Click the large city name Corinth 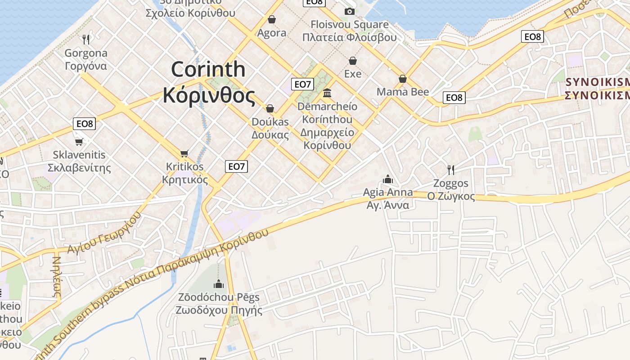[x=208, y=70]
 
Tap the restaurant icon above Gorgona [x=86, y=40]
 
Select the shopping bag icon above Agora [x=271, y=19]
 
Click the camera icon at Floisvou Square [x=349, y=11]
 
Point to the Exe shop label [x=353, y=73]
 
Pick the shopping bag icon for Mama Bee [x=403, y=79]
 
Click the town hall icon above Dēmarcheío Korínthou [x=327, y=93]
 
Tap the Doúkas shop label [x=270, y=122]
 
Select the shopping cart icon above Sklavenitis [x=79, y=142]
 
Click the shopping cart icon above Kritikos [x=184, y=154]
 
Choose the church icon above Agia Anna [x=387, y=180]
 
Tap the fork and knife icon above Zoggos [x=450, y=170]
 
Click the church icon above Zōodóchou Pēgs [x=219, y=284]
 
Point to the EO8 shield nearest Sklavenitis [x=84, y=123]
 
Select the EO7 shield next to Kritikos [x=236, y=166]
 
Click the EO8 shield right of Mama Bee [x=454, y=97]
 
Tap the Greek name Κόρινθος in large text [x=209, y=95]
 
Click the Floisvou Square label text [x=350, y=24]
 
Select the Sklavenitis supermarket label [x=79, y=155]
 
